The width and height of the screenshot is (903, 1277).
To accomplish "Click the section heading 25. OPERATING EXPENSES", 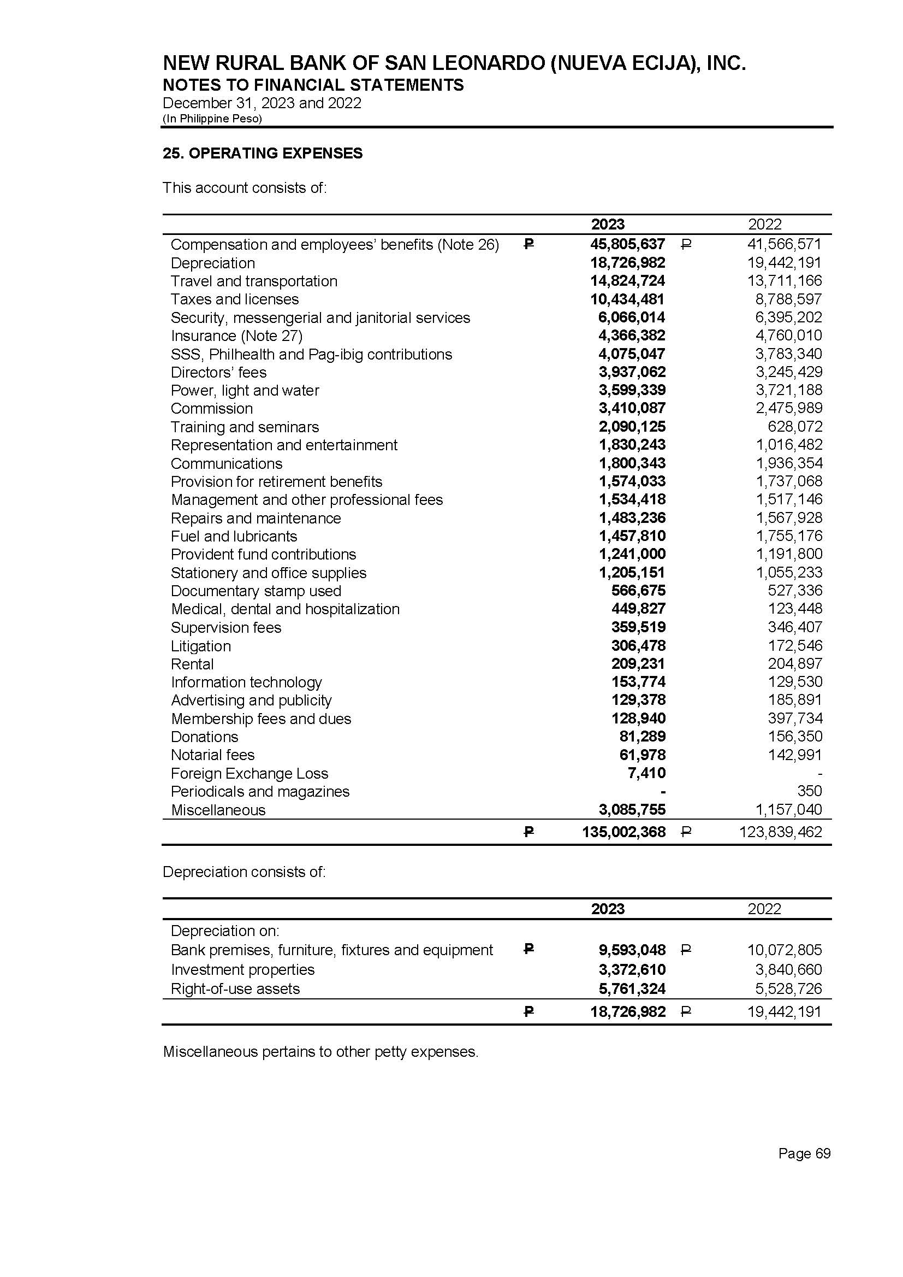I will [x=263, y=154].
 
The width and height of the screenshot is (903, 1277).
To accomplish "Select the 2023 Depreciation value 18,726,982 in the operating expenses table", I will [x=628, y=263].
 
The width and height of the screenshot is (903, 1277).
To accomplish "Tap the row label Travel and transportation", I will [x=253, y=281].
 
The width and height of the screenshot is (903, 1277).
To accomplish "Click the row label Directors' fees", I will [x=218, y=372].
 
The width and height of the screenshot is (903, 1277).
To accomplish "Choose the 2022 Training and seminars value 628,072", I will [x=795, y=427].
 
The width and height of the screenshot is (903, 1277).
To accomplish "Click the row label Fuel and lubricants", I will [x=234, y=537].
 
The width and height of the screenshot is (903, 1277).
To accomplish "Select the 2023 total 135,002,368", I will [x=624, y=832].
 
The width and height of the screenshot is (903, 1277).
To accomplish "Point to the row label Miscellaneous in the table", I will [x=218, y=810].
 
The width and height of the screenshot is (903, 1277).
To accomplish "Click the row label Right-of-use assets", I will [x=235, y=989].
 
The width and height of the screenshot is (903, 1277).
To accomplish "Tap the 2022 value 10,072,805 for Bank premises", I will [x=784, y=950].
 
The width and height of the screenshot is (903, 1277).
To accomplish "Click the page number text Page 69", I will [x=804, y=1154].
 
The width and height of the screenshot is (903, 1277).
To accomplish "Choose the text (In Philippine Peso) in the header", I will [x=212, y=119].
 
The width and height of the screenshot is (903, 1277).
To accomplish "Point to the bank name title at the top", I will [x=454, y=63].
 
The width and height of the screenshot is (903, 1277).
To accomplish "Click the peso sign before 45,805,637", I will [x=529, y=244].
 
